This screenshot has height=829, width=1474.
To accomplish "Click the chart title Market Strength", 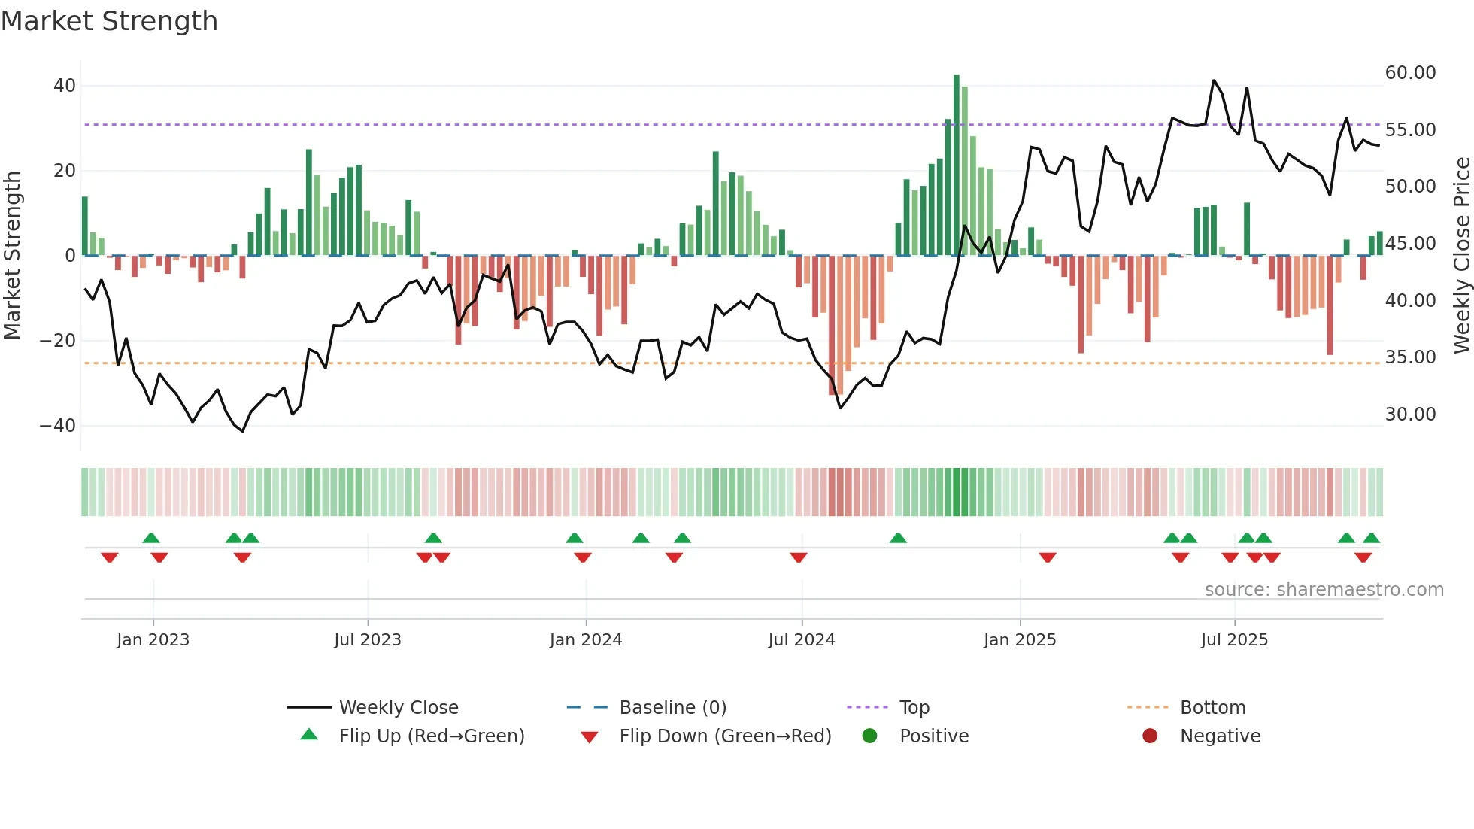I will point(109,21).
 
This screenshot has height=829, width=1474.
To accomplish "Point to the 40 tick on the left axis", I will point(65,86).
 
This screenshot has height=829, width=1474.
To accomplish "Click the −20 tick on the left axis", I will point(58,341).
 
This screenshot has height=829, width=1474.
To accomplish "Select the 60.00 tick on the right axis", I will point(1410,73).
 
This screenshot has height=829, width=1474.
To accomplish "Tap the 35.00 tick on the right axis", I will point(1410,357).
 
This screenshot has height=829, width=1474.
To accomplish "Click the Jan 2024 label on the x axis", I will point(586,640).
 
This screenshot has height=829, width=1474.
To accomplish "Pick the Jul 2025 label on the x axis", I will point(1234,640).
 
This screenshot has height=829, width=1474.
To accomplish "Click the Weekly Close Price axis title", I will point(1461,256).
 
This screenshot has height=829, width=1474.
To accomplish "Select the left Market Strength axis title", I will point(13,256).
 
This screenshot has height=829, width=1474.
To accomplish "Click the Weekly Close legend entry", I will point(399,708).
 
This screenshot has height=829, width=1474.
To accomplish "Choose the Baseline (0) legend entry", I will point(672,708).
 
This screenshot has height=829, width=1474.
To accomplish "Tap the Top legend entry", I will point(914,708).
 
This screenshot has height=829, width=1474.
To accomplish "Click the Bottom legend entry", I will point(1212,708).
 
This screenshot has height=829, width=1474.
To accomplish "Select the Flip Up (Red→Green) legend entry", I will point(431,736).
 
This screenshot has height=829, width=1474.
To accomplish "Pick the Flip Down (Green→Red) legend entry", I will point(725,736).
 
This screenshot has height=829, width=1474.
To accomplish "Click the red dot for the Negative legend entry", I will point(1150,736).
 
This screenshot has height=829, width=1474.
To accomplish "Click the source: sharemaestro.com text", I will point(1324,590).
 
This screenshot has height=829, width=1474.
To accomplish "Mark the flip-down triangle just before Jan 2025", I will point(1048,557).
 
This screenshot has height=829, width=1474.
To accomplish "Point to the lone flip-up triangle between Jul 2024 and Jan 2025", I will point(898,538).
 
